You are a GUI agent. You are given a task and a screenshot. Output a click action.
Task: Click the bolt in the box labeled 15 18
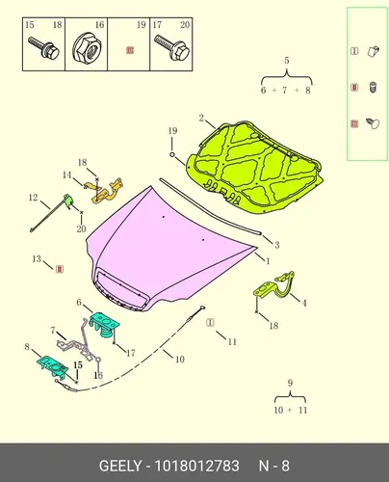pyautogui.click(x=43, y=48)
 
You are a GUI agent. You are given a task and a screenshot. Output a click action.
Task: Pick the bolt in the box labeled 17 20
pyautogui.click(x=172, y=48)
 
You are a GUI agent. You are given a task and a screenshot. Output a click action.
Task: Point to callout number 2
pyautogui.click(x=201, y=118)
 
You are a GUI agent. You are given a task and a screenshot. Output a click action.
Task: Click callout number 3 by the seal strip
pyautogui.click(x=276, y=245)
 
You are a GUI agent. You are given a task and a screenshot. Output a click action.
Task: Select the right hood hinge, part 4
pyautogui.click(x=274, y=287)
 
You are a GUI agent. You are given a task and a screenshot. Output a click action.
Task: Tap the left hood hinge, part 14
pyautogui.click(x=103, y=191)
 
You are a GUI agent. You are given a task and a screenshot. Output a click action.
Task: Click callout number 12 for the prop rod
pyautogui.click(x=34, y=198)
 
